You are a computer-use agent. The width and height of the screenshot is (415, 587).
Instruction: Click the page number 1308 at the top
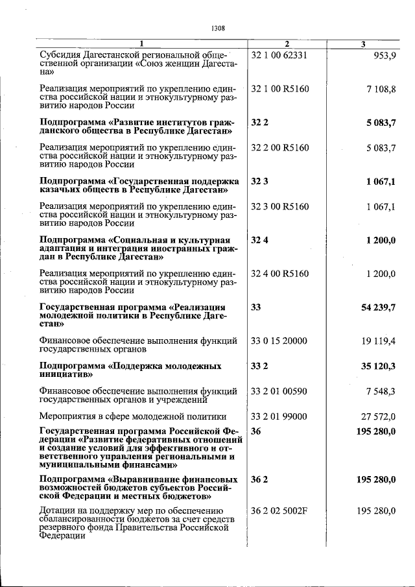218,28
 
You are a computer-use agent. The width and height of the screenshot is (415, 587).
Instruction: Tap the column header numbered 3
363,44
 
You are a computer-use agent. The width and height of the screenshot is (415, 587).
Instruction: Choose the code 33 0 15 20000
279,341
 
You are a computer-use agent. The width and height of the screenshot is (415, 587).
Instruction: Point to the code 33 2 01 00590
279,391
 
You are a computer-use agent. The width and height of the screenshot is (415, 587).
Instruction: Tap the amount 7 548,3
380,391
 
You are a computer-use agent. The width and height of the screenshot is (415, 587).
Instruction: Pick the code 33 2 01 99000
279,416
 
